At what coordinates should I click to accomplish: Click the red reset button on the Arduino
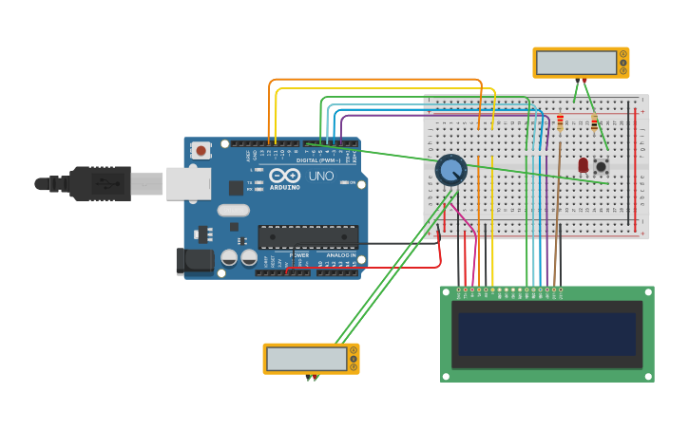click(x=201, y=150)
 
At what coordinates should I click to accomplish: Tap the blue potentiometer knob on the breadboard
click(x=450, y=170)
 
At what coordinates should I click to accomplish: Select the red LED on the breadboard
click(x=583, y=164)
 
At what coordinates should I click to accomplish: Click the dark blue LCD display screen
click(x=546, y=334)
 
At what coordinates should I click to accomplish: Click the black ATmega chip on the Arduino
click(x=308, y=236)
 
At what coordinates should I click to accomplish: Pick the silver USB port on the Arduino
click(x=188, y=183)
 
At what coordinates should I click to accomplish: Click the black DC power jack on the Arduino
click(x=195, y=261)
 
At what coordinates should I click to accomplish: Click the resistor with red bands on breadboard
click(x=560, y=122)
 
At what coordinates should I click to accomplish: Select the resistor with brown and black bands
click(x=595, y=123)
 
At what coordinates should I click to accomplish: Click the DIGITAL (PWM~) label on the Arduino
click(x=318, y=160)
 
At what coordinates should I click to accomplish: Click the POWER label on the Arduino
click(x=299, y=255)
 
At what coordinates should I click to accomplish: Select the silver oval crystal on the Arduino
click(x=233, y=211)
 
